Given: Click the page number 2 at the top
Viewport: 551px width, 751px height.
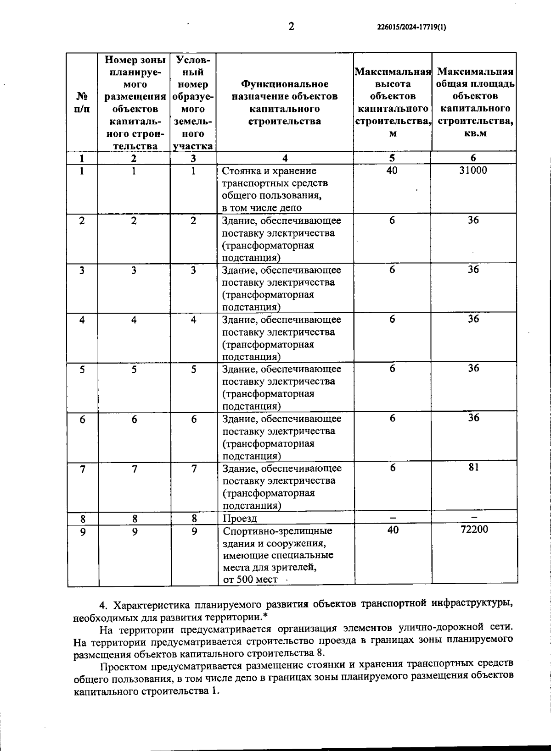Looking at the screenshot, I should [291, 26].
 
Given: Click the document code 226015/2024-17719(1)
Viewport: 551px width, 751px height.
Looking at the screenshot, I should [411, 27].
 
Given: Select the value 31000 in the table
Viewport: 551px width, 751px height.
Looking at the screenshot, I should [473, 171].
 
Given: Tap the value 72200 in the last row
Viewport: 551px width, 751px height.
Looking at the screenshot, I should [474, 530].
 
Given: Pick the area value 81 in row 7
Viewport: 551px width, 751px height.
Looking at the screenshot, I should [474, 467].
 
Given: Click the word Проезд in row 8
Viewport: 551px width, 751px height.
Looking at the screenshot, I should [240, 519].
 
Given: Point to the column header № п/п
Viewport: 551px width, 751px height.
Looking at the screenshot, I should [82, 103].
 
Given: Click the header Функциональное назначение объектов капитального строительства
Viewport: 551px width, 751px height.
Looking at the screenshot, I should [285, 103].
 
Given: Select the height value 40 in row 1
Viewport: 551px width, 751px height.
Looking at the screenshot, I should [392, 171].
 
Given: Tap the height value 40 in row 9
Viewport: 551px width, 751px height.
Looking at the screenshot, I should [393, 530].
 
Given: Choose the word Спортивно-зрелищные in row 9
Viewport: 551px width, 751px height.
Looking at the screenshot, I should [277, 531].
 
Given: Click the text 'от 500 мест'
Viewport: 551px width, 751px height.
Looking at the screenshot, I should [250, 580].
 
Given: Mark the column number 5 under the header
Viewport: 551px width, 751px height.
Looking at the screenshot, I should [392, 158].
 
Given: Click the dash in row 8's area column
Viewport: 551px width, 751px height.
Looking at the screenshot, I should [474, 517].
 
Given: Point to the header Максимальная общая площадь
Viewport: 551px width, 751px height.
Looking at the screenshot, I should [475, 78].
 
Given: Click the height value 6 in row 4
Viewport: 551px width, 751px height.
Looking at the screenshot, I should [392, 319].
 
